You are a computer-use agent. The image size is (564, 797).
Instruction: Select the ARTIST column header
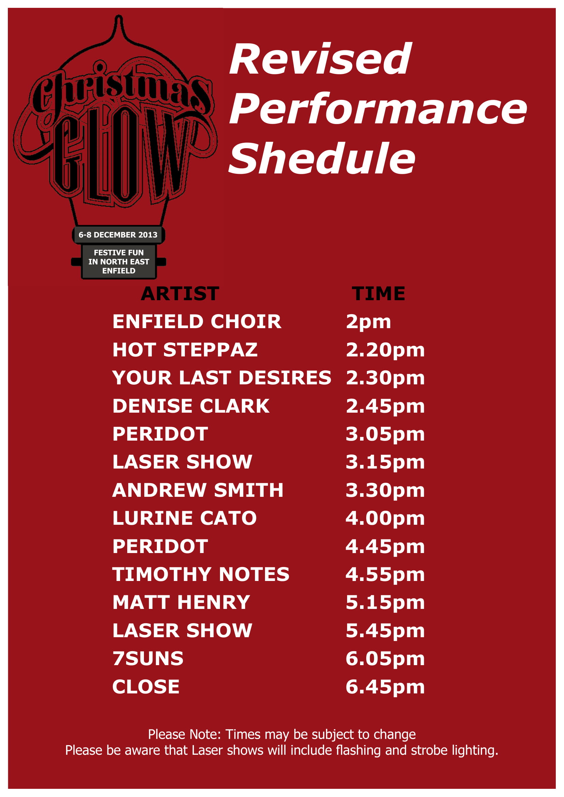pyautogui.click(x=180, y=294)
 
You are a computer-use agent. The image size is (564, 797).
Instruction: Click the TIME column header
pyautogui.click(x=378, y=294)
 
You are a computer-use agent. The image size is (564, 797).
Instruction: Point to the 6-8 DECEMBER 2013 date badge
pyautogui.click(x=118, y=235)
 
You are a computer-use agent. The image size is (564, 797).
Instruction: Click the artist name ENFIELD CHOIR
pyautogui.click(x=196, y=321)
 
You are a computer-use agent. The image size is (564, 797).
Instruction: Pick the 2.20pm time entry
pyautogui.click(x=385, y=350)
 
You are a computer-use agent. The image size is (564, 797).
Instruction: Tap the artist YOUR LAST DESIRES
pyautogui.click(x=222, y=378)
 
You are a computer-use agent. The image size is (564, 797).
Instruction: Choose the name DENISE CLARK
pyautogui.click(x=191, y=406)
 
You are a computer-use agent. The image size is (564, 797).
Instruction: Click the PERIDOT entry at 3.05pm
pyautogui.click(x=160, y=434)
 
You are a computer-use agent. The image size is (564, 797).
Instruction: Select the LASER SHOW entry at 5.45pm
pyautogui.click(x=182, y=630)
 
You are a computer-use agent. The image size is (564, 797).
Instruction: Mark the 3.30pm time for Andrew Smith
pyautogui.click(x=385, y=490)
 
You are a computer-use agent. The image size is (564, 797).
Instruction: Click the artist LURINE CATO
pyautogui.click(x=184, y=518)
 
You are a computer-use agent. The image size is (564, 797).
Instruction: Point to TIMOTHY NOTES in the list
pyautogui.click(x=201, y=574)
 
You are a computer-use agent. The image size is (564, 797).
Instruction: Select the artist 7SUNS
pyautogui.click(x=148, y=659)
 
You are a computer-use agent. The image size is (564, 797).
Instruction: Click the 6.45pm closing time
pyautogui.click(x=385, y=687)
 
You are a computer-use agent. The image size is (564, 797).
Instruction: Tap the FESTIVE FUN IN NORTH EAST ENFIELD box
pyautogui.click(x=119, y=262)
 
